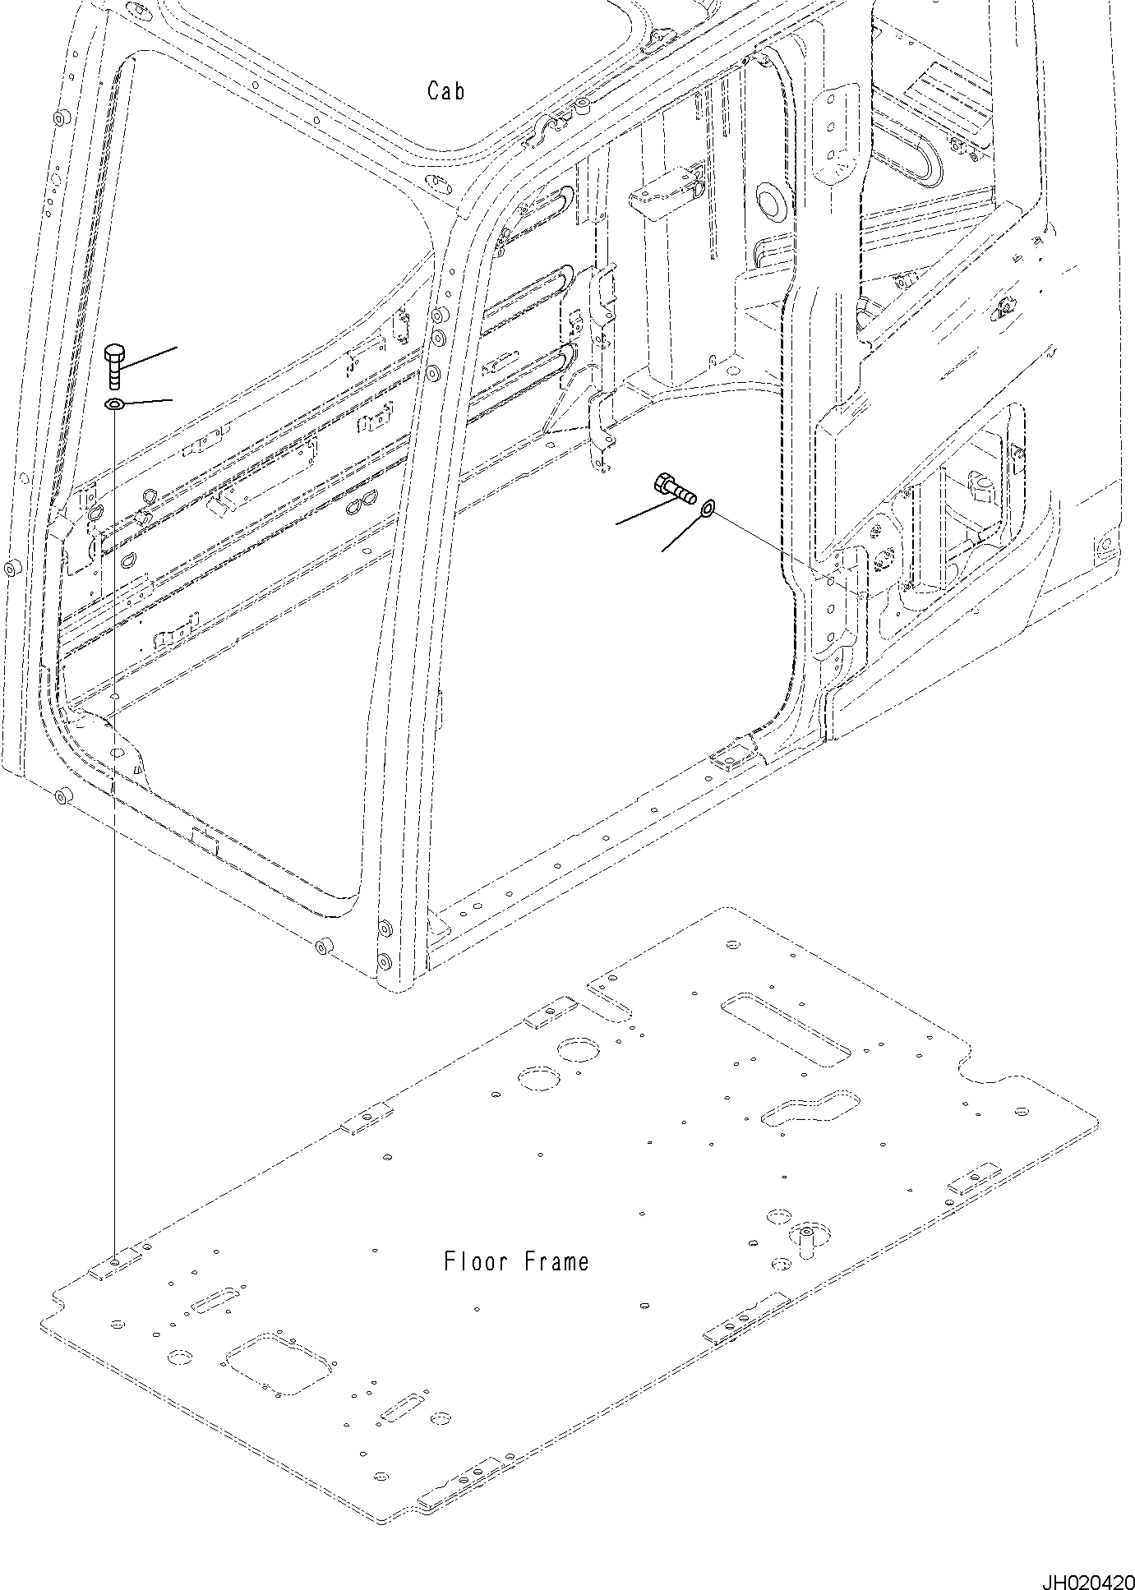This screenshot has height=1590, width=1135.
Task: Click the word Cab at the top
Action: (x=445, y=90)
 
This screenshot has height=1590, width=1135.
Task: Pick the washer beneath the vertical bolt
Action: (x=114, y=403)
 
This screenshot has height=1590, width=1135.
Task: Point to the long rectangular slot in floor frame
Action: (x=785, y=1030)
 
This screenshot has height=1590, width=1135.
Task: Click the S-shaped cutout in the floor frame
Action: (x=810, y=1108)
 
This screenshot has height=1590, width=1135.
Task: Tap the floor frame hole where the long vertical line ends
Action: (x=116, y=1284)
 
